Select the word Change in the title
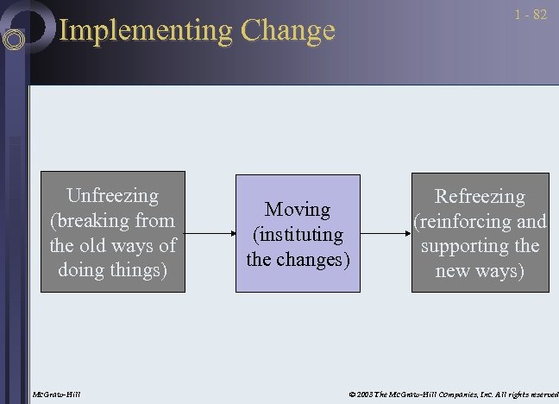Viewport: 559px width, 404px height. click(287, 31)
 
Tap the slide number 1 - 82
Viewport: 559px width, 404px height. click(531, 16)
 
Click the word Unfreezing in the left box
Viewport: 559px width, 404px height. click(113, 196)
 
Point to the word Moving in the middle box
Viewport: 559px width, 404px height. click(298, 210)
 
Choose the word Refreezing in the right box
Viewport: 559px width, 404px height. click(480, 197)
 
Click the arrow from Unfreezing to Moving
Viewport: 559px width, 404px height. click(210, 234)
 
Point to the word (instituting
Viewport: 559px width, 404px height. click(298, 234)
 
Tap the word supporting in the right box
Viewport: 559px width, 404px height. click(466, 246)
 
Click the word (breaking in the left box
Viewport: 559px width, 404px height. click(90, 220)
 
